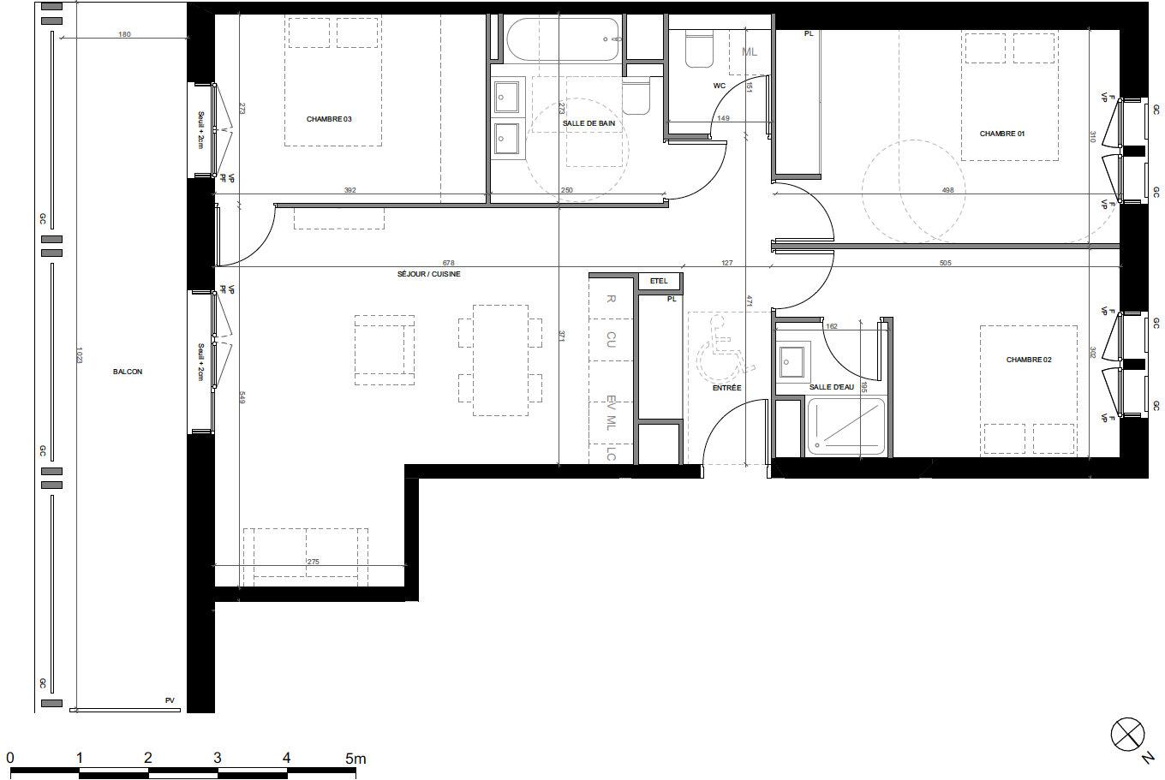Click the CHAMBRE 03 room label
329,119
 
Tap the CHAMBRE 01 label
1002,134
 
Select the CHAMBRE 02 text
1028,360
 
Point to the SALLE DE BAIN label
588,123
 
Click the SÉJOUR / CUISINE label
428,274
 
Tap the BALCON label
128,372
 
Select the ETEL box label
659,281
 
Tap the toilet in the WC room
698,50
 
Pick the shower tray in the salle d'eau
845,426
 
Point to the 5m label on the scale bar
355,758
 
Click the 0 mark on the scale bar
10,758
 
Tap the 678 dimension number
448,263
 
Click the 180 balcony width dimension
125,34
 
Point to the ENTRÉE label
726,388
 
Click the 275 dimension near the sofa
313,562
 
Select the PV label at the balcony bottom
170,700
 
